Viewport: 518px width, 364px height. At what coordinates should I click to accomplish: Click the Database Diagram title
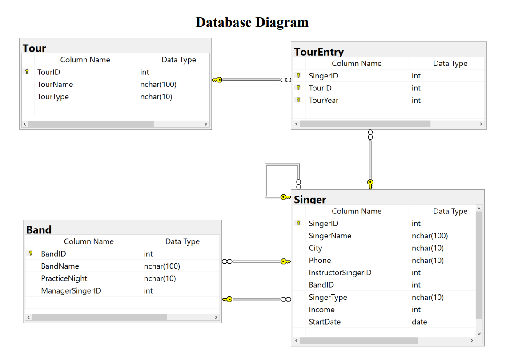pos(252,22)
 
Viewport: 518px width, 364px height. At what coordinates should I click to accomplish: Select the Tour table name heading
pos(34,48)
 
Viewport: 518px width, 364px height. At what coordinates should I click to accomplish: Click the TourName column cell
pos(55,84)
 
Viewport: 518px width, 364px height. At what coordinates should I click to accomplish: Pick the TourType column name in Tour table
pos(53,97)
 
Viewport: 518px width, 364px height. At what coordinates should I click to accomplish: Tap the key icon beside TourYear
pos(299,100)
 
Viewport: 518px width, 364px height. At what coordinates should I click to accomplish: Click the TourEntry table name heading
pos(319,52)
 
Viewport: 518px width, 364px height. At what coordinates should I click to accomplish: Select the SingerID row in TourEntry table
pos(323,76)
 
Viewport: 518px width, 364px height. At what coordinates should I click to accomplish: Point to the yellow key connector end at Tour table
pos(217,80)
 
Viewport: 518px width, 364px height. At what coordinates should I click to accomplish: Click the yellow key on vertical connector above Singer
pos(370,184)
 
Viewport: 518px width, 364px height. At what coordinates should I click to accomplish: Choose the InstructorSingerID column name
pos(340,273)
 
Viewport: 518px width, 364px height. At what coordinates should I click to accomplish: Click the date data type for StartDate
pos(419,322)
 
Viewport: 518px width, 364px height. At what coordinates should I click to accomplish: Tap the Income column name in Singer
pos(321,310)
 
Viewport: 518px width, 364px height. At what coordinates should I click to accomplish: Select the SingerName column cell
pos(330,236)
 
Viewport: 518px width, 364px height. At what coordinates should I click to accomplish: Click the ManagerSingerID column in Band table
pos(71,291)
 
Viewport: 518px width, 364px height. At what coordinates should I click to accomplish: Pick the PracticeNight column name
pos(64,278)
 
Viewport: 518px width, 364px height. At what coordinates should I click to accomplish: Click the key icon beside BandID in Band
pos(31,254)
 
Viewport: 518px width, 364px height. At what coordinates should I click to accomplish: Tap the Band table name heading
pos(39,230)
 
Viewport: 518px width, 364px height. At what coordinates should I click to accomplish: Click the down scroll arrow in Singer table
pos(479,333)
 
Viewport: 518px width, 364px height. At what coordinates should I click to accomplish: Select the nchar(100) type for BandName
pos(162,266)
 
